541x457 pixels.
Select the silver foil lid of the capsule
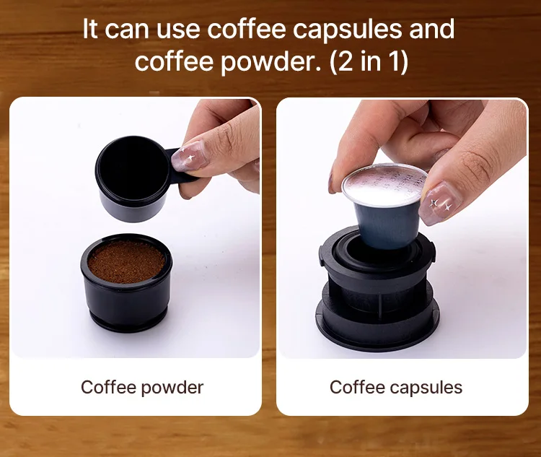[382, 186]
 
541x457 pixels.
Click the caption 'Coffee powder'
[142, 387]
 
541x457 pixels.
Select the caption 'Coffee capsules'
[396, 387]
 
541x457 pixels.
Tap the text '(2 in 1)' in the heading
[369, 61]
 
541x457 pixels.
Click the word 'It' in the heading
[90, 29]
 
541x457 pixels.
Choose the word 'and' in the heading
[428, 29]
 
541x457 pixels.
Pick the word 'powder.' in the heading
[270, 62]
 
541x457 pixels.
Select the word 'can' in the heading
[127, 30]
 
